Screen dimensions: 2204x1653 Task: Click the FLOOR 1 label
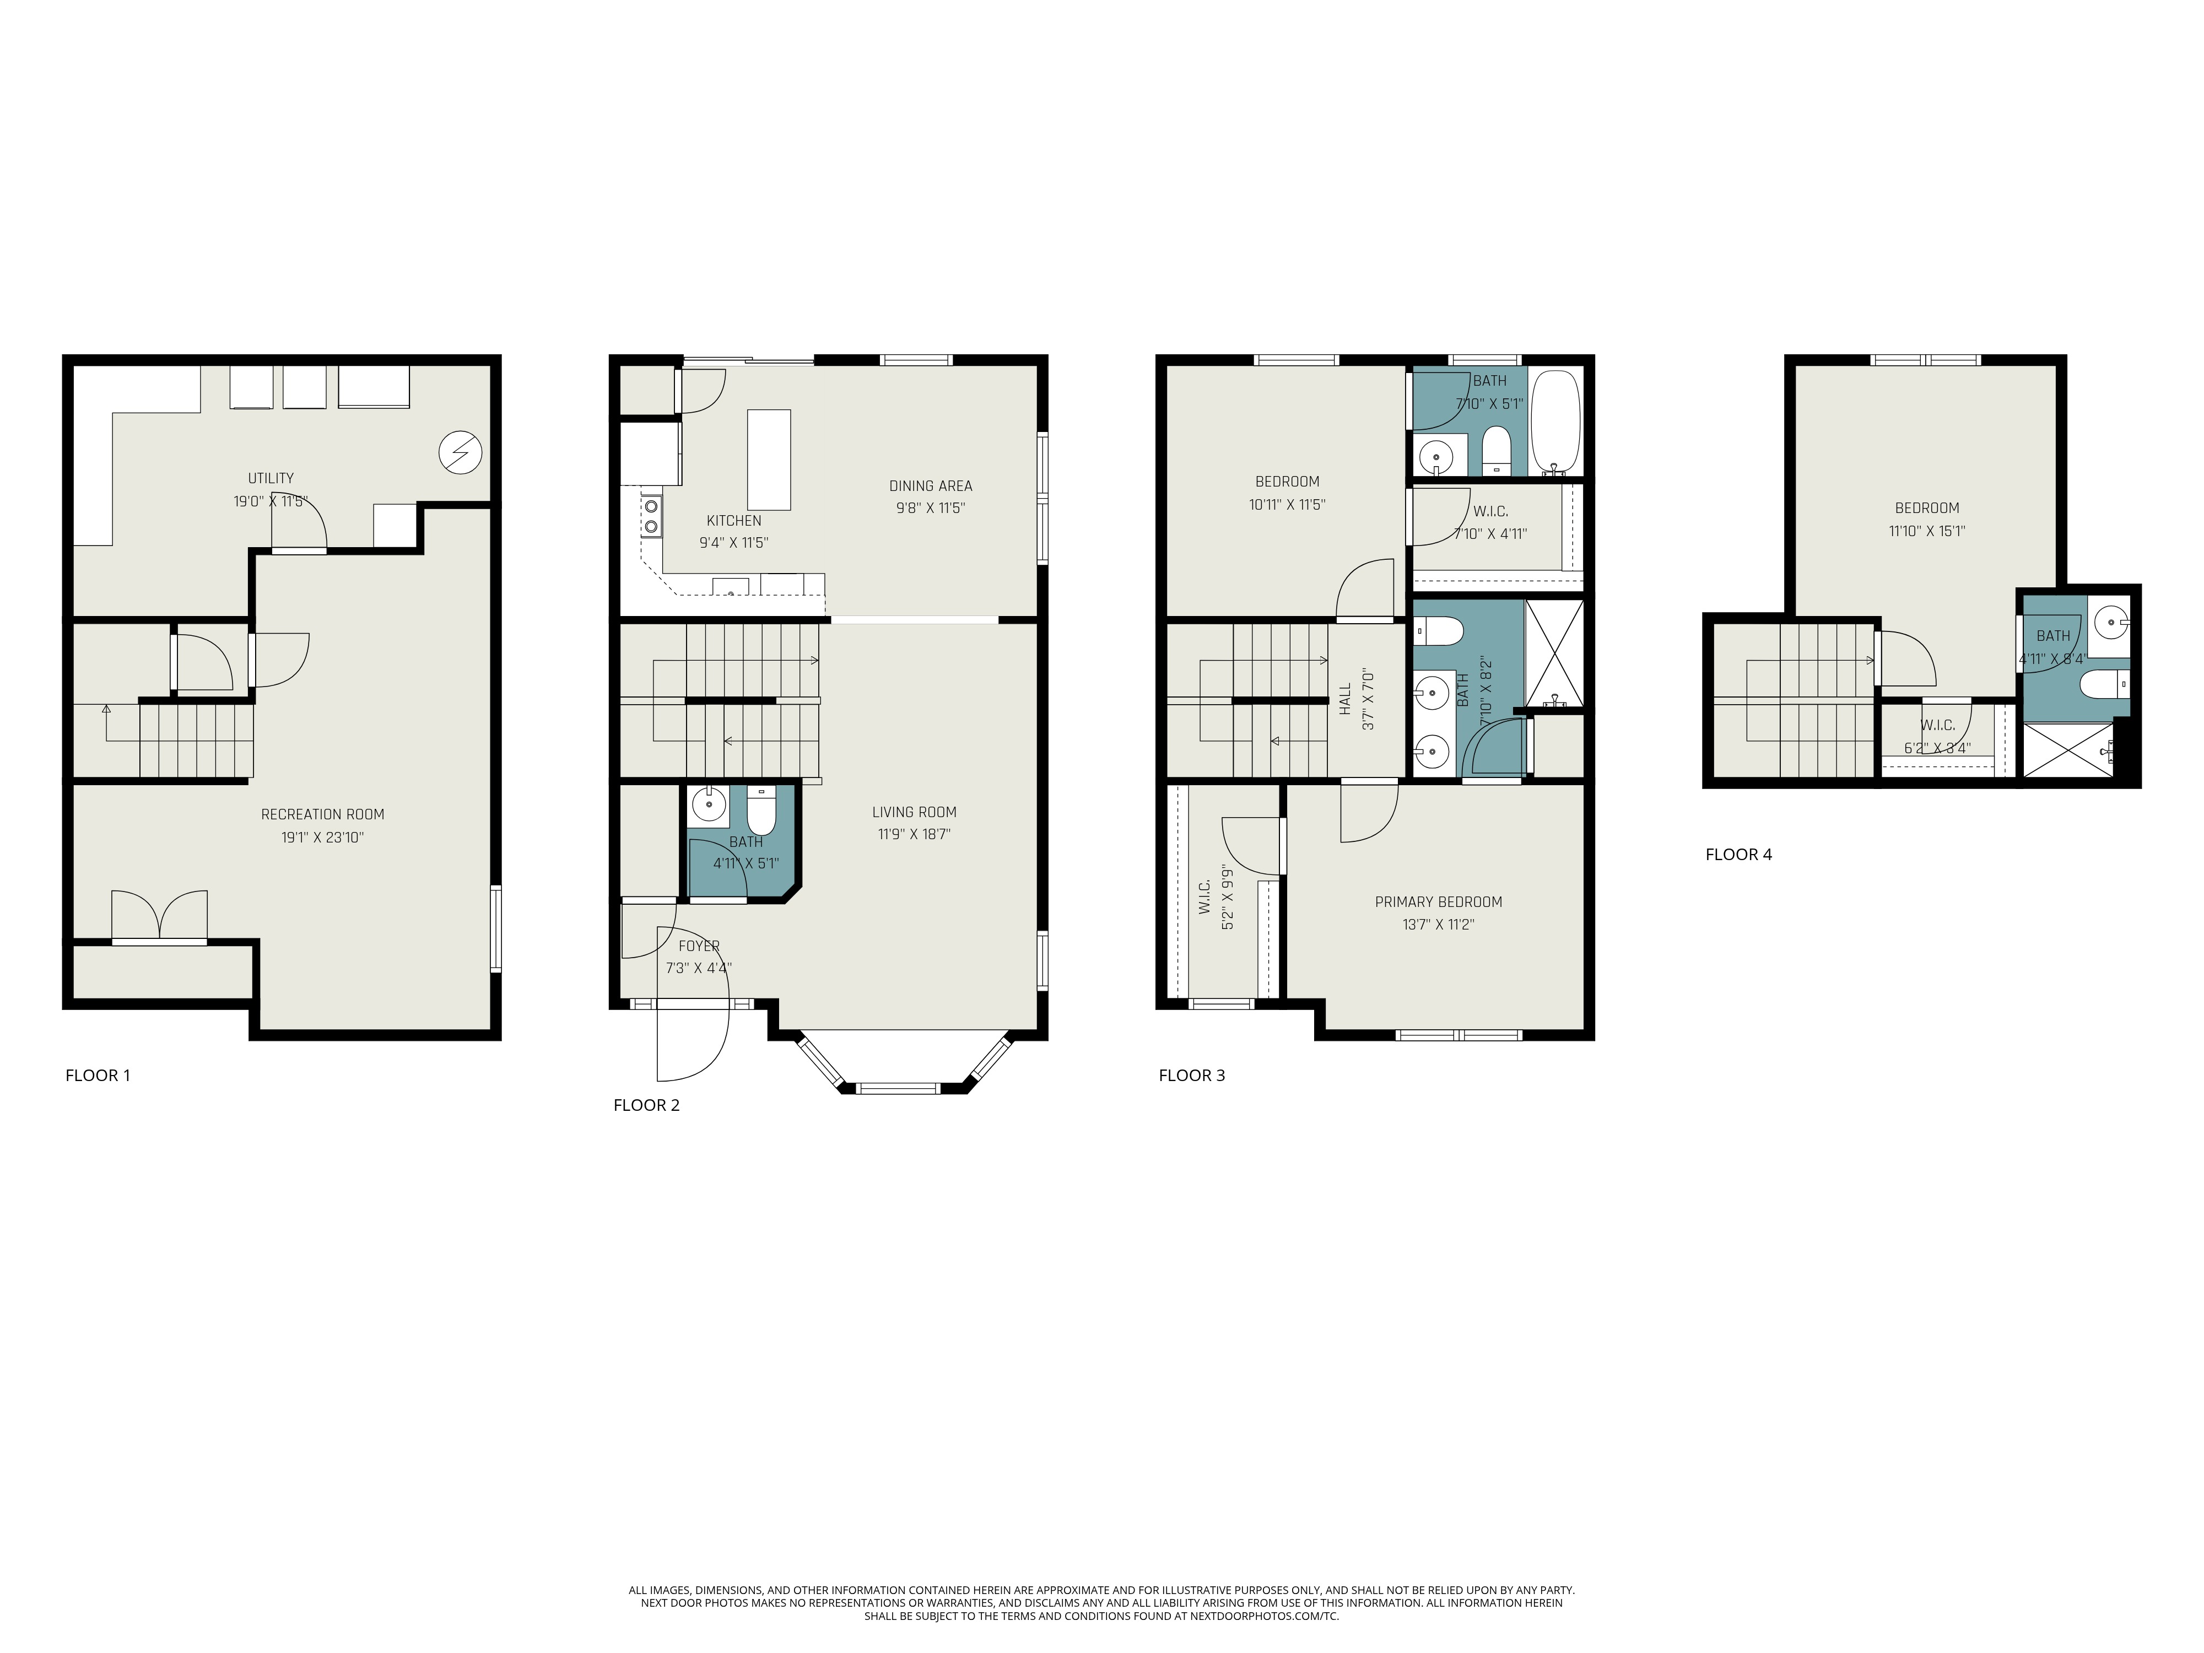(x=98, y=1075)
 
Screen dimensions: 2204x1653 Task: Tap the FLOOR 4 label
(x=1739, y=854)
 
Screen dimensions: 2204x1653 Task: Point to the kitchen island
(x=769, y=460)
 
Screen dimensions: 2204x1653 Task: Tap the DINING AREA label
(x=931, y=486)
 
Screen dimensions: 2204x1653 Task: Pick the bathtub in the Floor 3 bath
(x=1555, y=423)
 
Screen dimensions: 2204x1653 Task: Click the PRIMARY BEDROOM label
(x=1439, y=903)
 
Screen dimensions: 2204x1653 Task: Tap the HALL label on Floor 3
(x=1345, y=699)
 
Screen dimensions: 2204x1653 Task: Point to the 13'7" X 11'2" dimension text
(x=1439, y=925)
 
